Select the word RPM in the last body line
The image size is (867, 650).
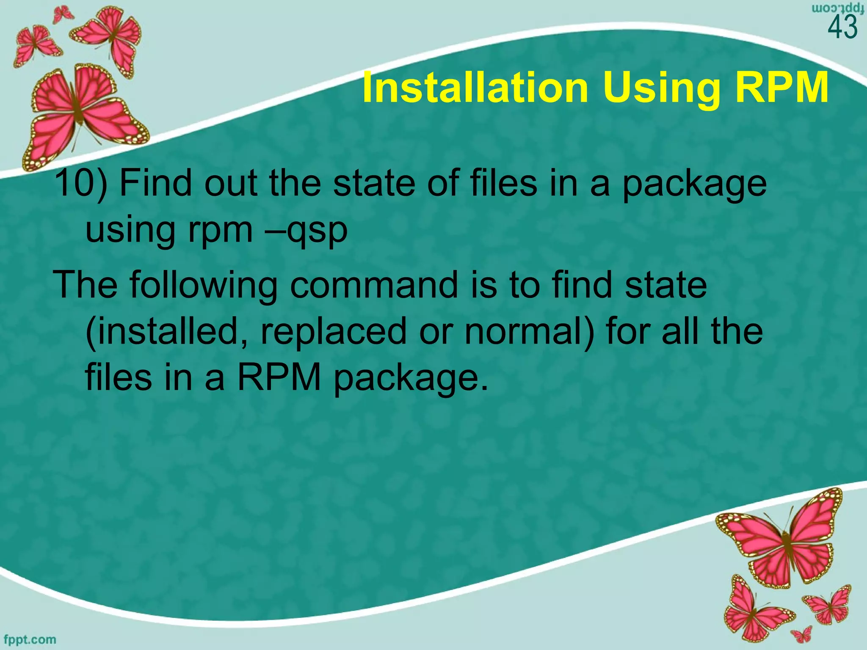279,378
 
